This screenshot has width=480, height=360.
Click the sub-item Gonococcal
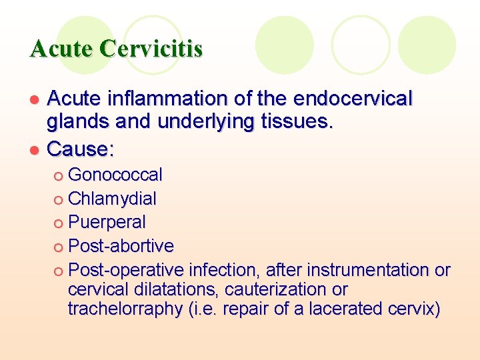pos(115,175)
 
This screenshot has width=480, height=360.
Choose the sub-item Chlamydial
pos(113,199)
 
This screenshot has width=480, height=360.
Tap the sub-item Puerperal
pos(107,222)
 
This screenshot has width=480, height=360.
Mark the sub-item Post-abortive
pos(121,246)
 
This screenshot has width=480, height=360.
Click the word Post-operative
pos(126,270)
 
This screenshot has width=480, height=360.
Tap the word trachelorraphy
pos(127,309)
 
